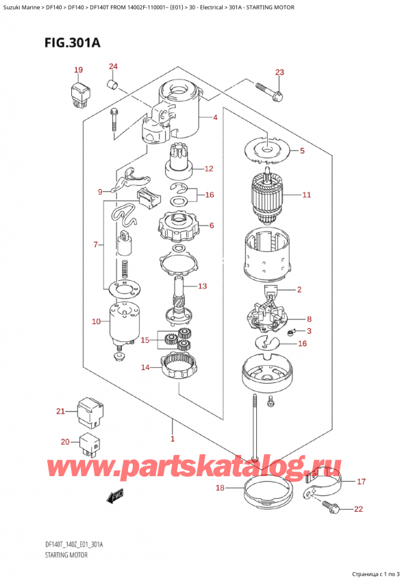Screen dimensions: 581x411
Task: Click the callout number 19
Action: click(79, 70)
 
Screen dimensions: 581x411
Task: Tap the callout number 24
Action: click(113, 66)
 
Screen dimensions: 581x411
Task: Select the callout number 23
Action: click(279, 72)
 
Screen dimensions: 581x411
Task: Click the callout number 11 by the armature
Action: click(306, 195)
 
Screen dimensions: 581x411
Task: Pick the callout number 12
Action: click(209, 169)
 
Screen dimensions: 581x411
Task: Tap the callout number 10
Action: click(96, 321)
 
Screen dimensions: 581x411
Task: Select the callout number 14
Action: click(145, 368)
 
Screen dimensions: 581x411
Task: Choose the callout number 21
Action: click(60, 411)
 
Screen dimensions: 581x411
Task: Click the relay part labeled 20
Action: click(89, 443)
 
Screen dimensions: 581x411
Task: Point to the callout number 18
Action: click(220, 488)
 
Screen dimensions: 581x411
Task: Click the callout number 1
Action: click(173, 438)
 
